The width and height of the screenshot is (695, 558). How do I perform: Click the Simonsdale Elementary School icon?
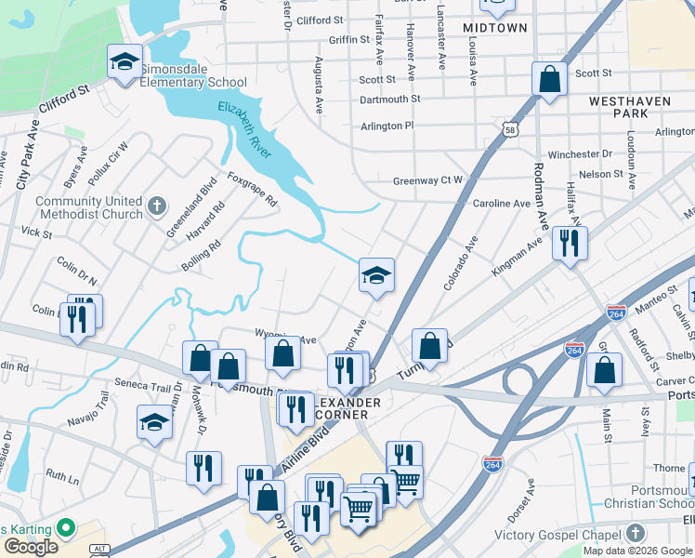125,62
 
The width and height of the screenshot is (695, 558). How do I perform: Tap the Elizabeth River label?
244,131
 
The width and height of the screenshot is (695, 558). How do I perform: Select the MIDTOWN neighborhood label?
494,28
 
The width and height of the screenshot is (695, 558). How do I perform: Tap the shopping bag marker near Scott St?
549,79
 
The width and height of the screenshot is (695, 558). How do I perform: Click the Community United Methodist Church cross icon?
157,205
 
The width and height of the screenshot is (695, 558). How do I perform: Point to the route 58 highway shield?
509,131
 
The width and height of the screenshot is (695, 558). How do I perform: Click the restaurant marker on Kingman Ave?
569,244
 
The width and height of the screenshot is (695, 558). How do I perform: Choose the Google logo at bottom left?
30,546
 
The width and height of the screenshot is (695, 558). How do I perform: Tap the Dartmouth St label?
389,99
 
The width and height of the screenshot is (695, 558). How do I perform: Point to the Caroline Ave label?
502,203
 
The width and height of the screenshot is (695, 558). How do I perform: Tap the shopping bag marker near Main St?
604,370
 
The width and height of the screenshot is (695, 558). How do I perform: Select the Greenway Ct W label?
427,181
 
